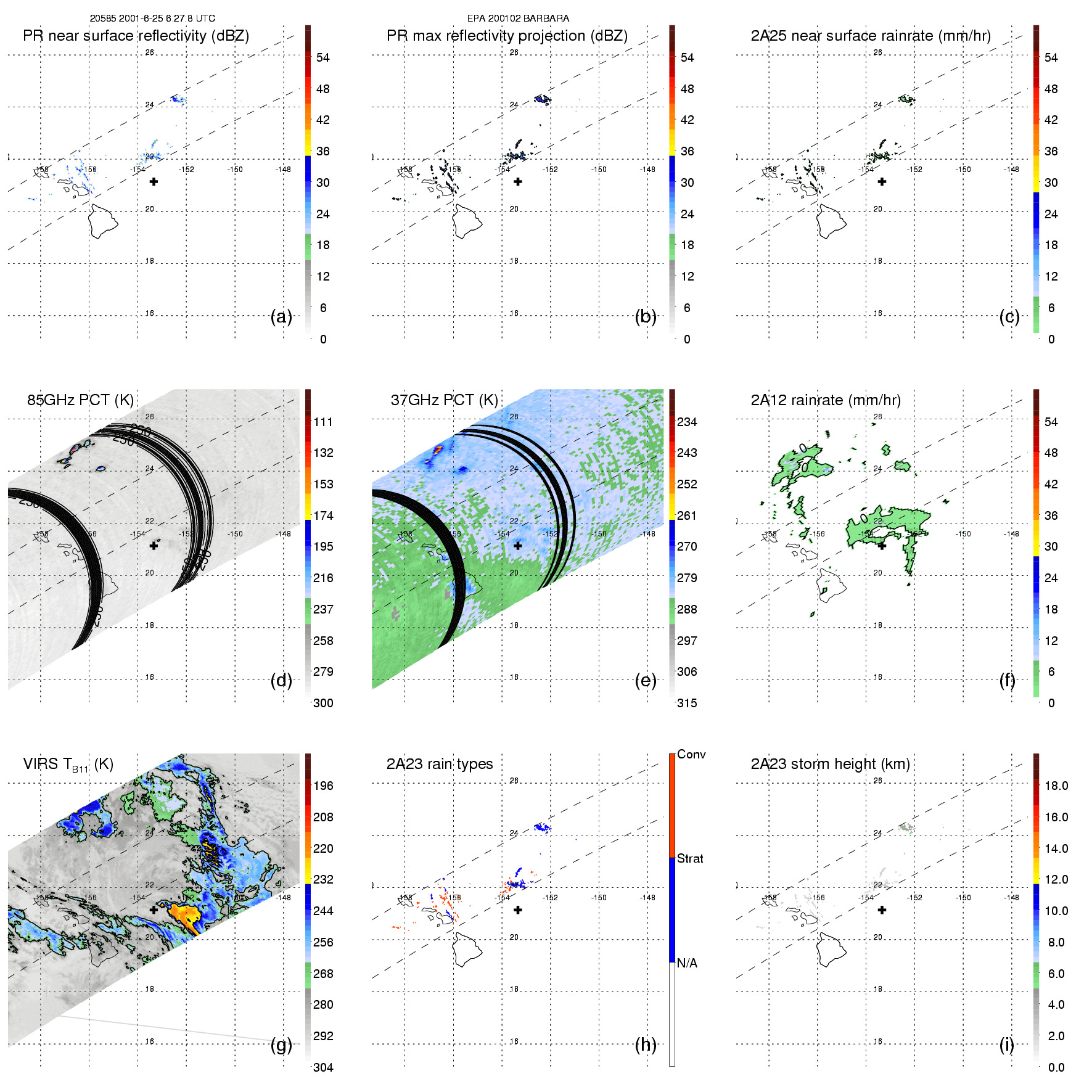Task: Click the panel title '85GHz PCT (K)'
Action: (x=80, y=400)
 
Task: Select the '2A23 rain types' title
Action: (x=440, y=764)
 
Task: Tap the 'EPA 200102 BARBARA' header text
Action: (x=518, y=18)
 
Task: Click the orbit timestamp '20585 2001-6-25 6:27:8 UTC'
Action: (x=152, y=18)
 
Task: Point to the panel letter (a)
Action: (x=281, y=317)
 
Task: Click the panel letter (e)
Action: (x=645, y=681)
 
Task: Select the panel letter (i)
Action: (x=1006, y=1045)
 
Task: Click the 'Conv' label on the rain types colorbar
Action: (x=691, y=755)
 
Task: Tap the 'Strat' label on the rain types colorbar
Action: (x=690, y=858)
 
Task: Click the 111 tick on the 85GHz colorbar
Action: (x=323, y=422)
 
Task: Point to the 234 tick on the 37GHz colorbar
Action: (x=687, y=422)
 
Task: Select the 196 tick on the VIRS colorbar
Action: (x=323, y=786)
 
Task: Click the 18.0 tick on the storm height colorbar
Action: (x=1056, y=786)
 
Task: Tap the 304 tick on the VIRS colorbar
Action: (x=323, y=1067)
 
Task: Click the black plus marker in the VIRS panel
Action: (x=154, y=909)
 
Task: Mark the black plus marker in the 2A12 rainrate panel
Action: (x=882, y=546)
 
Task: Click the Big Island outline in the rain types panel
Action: (x=467, y=950)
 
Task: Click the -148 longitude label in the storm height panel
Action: (x=1011, y=898)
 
